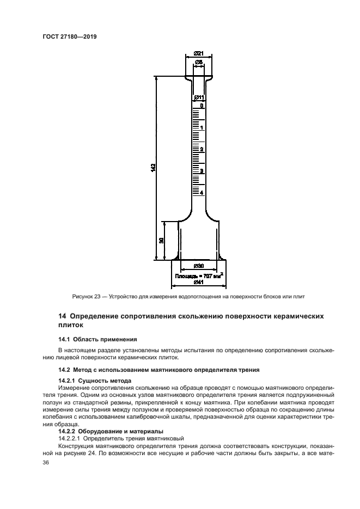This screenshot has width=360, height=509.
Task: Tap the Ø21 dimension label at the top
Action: pos(198,53)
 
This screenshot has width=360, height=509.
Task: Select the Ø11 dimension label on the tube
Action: pos(199,97)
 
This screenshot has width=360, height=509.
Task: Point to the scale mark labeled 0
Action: pos(201,106)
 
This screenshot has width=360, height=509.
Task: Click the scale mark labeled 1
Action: pos(202,128)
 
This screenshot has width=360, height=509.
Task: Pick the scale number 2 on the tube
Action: pos(202,149)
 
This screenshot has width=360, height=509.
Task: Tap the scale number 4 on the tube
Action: pos(202,193)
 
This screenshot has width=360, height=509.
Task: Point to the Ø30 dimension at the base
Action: pos(198,266)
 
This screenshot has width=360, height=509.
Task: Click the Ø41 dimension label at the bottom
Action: pos(198,282)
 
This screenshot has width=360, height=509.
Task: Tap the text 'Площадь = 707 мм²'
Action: pos(199,275)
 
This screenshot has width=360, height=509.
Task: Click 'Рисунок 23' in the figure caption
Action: pos(87,297)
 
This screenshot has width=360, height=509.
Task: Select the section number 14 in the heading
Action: pos(62,316)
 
